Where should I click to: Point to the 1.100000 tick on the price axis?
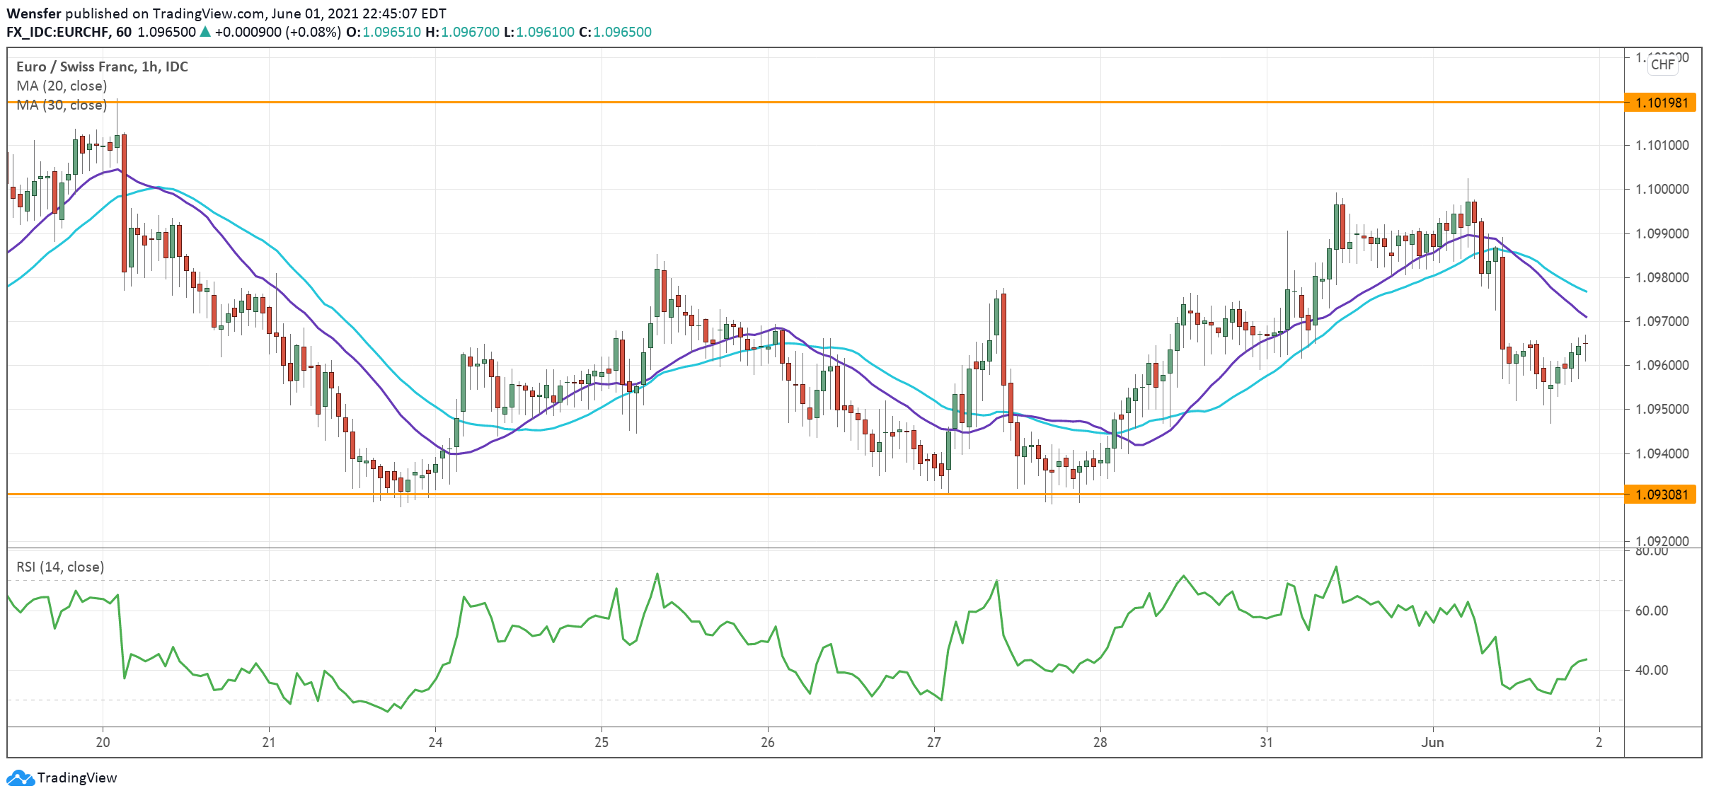1662,189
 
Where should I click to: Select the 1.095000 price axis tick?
1662,409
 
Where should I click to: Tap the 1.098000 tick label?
1662,277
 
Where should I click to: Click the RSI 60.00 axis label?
1652,611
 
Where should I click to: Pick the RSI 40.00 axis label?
1652,670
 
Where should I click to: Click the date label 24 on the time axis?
435,742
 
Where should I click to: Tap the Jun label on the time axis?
1432,742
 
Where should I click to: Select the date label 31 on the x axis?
1266,742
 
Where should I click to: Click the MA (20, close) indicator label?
62,86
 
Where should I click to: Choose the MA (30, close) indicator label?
62,105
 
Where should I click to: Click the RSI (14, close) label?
60,567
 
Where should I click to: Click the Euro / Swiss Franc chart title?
102,66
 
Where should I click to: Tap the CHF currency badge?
1662,64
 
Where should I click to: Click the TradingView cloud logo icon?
20,778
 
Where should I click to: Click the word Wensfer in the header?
33,13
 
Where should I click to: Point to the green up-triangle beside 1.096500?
205,31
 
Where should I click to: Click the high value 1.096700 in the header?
470,32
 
